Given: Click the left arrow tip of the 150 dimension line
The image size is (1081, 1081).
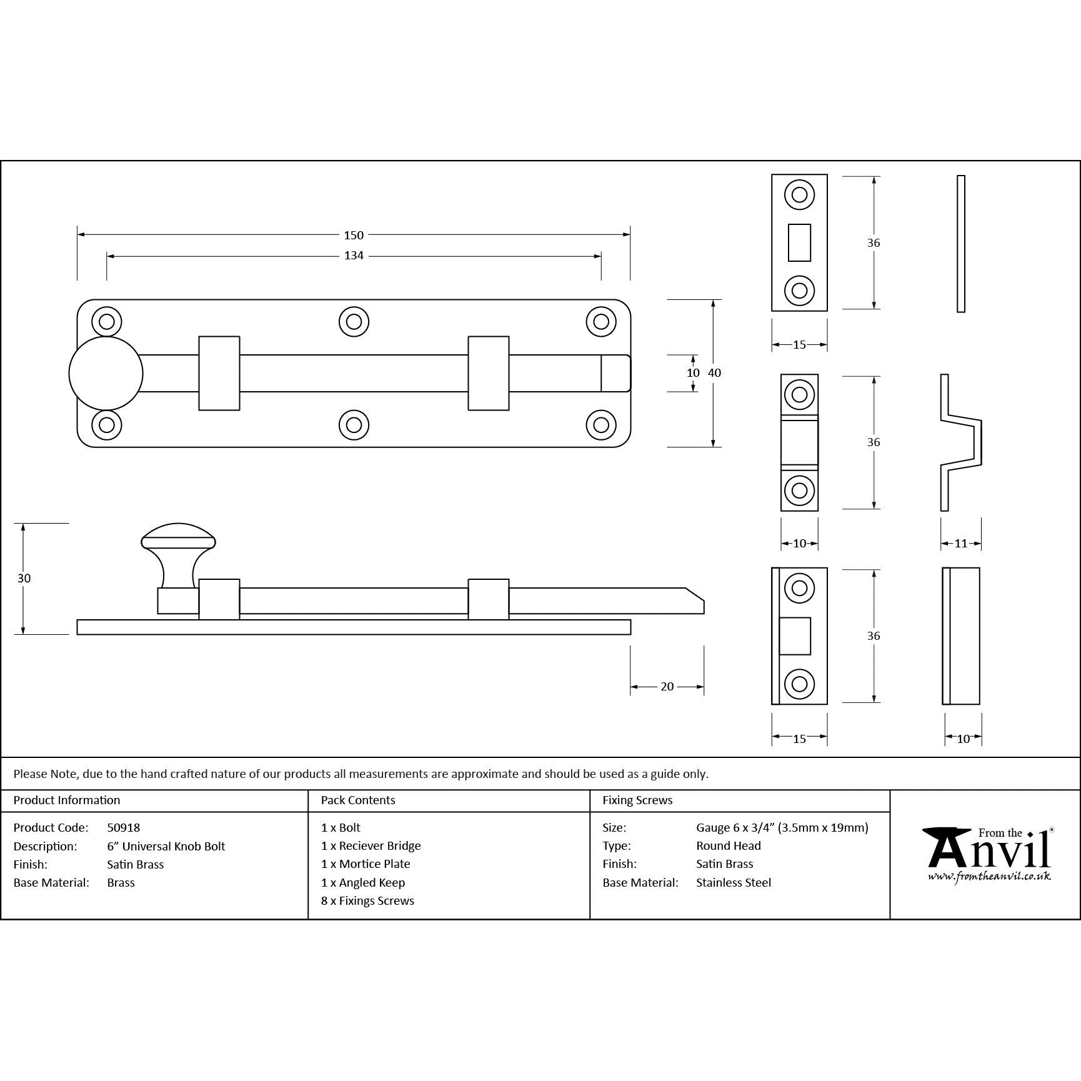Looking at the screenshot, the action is tap(77, 235).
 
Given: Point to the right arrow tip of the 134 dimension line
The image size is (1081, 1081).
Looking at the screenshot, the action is tap(601, 256).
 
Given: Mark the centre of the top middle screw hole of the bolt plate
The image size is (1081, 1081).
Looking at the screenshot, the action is tap(354, 322).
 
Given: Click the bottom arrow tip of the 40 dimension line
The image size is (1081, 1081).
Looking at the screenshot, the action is tap(713, 447).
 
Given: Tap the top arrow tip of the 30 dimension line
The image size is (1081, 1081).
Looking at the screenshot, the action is tap(23, 524).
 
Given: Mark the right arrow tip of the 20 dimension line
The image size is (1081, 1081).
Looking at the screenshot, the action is tap(704, 687).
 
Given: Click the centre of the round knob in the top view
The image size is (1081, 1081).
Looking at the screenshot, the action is tap(106, 374).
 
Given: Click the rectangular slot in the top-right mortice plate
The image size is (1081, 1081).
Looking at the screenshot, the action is tap(799, 242).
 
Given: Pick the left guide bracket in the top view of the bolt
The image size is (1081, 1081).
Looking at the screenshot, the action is tap(219, 374).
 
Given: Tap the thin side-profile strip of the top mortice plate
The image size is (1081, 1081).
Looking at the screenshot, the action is tap(961, 244).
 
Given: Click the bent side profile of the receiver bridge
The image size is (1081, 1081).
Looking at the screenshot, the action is tap(961, 442).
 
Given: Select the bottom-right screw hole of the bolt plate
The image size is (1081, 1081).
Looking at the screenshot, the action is tap(601, 426).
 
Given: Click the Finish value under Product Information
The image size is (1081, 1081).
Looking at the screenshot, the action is tap(136, 864).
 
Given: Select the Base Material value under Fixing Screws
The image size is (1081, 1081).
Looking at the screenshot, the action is tap(734, 882).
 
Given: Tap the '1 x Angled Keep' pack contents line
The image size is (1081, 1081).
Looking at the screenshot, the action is tap(363, 882).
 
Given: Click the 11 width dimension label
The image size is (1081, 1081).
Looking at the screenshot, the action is tap(961, 544).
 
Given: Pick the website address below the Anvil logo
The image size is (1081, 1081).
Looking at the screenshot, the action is tap(989, 877).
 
